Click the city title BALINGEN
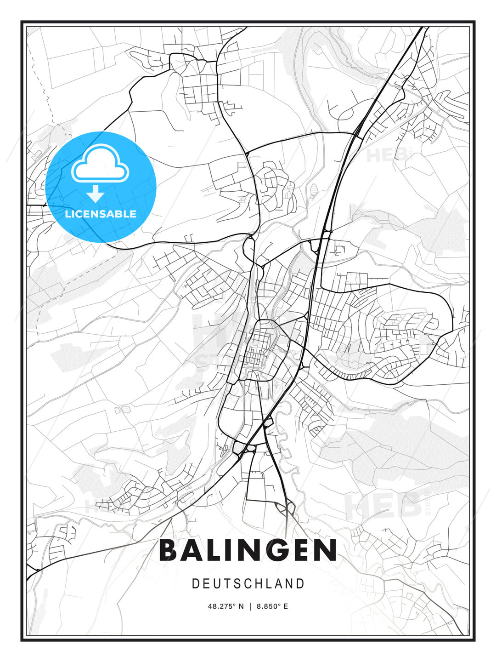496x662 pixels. pyautogui.click(x=248, y=550)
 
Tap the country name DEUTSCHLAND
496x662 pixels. pyautogui.click(x=248, y=584)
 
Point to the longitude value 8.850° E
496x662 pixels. pyautogui.click(x=272, y=606)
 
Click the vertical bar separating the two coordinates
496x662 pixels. pyautogui.click(x=250, y=606)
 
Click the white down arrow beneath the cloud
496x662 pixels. pyautogui.click(x=96, y=194)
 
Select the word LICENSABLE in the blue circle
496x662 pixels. pyautogui.click(x=101, y=214)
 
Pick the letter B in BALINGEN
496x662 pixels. pyautogui.click(x=169, y=550)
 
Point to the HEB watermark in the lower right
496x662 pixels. pyautogui.click(x=383, y=506)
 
